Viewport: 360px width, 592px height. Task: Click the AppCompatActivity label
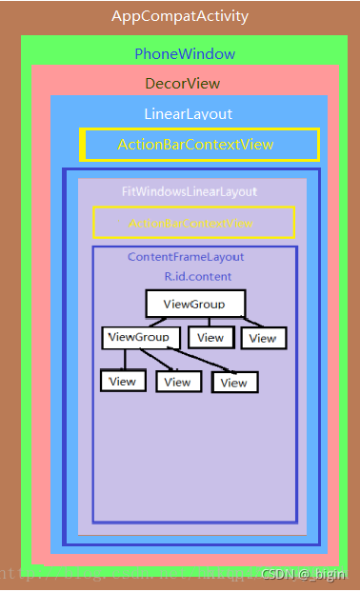coord(180,16)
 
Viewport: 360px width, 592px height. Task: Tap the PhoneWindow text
coord(185,54)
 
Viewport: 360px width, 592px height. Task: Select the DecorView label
coord(182,84)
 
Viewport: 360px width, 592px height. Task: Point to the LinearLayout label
coord(188,114)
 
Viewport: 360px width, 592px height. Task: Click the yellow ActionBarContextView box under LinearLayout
coord(198,145)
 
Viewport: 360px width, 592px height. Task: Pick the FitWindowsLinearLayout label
coord(190,191)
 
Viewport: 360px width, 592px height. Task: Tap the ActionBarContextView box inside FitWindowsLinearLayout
coord(192,223)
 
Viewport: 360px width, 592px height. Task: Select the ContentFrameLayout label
coord(186,257)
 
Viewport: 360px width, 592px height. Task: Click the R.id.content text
coord(197,276)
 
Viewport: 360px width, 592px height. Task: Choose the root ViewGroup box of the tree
coord(194,304)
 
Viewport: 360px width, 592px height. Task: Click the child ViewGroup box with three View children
coord(140,337)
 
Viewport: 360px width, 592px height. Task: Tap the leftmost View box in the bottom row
coord(122,381)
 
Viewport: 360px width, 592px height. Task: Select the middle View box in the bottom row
coord(177,382)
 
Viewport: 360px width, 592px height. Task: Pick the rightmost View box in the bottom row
coord(234,383)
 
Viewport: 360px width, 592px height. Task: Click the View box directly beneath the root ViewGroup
coord(210,337)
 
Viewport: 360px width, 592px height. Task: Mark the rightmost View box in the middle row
coord(263,338)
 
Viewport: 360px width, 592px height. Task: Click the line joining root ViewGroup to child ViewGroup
coord(160,322)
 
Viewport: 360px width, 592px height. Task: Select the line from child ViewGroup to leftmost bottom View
coord(125,359)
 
